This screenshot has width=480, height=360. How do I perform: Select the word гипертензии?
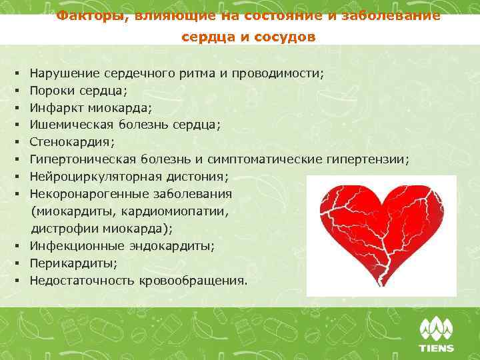coord(368,159)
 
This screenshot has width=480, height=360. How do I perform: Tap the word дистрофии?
coord(58,229)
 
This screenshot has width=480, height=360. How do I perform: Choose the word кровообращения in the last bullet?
coord(193,281)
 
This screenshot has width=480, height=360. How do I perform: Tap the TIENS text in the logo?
coord(436,347)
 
